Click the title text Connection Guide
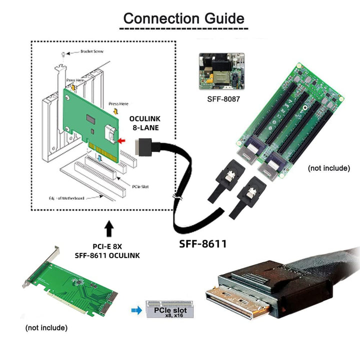click(184, 18)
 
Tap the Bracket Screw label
click(82, 51)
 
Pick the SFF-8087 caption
click(223, 99)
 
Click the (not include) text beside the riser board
click(328, 168)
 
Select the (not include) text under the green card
click(46, 328)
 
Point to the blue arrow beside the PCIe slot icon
click(134, 310)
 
